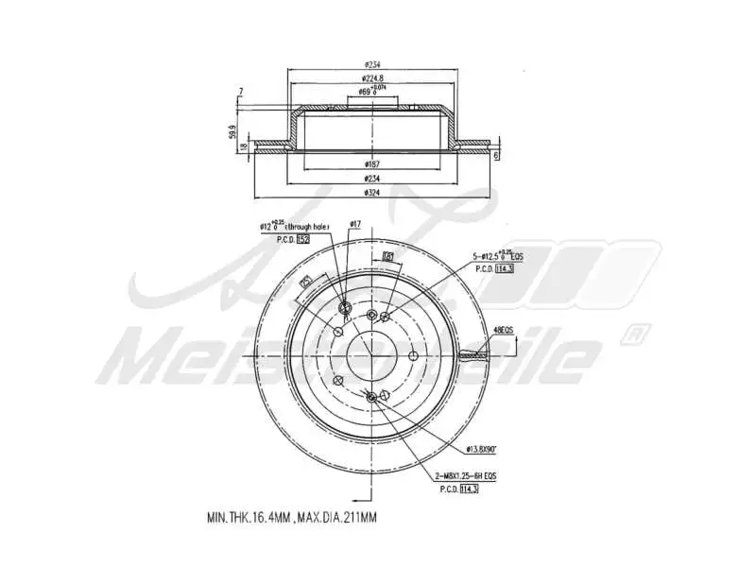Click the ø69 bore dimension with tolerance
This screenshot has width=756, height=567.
coord(370,91)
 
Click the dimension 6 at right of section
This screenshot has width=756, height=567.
coord(495,154)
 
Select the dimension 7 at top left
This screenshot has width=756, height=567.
coord(242,92)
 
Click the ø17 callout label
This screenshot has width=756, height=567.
coord(355,224)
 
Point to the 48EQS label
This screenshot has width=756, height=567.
coord(503,330)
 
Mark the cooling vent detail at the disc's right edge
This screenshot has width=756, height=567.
coord(472,356)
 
